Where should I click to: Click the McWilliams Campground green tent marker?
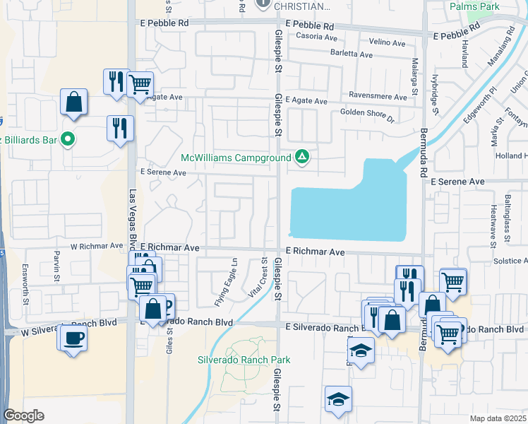click(x=302, y=156)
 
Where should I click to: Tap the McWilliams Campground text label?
click(x=236, y=157)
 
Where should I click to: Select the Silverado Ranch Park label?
click(x=244, y=360)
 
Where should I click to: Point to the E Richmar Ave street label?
click(x=315, y=252)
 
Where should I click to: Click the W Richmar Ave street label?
click(x=96, y=247)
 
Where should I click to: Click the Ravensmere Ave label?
click(x=378, y=98)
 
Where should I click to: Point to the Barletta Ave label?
click(x=351, y=54)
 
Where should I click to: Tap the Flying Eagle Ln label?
click(x=227, y=283)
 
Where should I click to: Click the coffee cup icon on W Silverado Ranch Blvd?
click(x=73, y=337)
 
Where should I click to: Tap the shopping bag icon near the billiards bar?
click(x=73, y=102)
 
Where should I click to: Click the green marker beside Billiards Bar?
click(x=68, y=140)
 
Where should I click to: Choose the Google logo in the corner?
click(x=23, y=416)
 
